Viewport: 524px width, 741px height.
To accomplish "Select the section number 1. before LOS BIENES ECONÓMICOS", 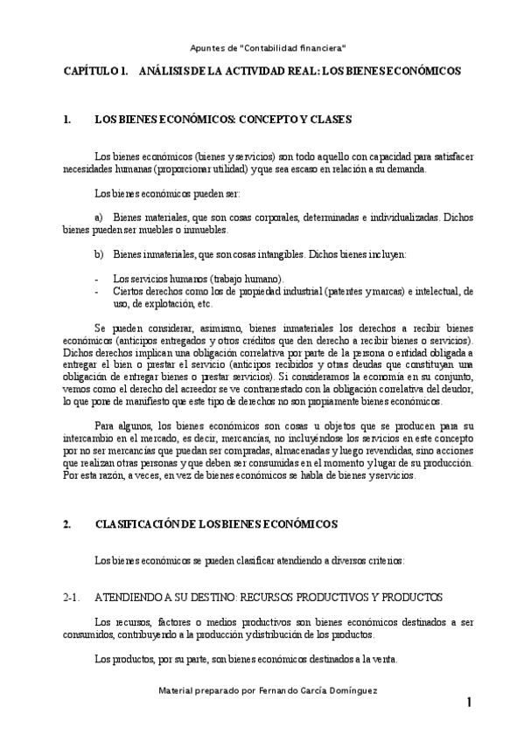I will pyautogui.click(x=67, y=120).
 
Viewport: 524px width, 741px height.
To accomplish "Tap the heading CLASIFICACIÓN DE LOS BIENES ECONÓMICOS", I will pyautogui.click(x=215, y=523).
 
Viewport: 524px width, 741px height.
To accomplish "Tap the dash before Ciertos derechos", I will pyautogui.click(x=95, y=291).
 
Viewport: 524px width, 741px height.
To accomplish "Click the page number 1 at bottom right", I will pyautogui.click(x=470, y=703).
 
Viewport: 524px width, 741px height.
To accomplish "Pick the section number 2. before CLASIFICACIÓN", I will pyautogui.click(x=67, y=523).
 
